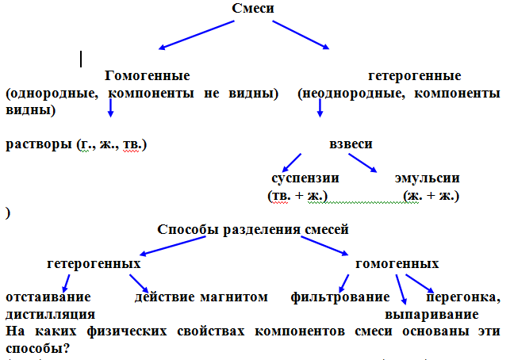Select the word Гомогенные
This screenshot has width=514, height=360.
click(x=147, y=76)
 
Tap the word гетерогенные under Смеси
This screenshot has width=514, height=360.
click(x=415, y=76)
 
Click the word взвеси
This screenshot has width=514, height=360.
click(x=351, y=144)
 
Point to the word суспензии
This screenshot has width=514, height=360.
click(x=305, y=178)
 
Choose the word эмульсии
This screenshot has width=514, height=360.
click(x=427, y=178)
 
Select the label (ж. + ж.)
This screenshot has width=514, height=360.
click(x=431, y=194)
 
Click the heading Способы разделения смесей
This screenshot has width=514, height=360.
click(x=253, y=230)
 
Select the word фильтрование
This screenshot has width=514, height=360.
click(x=339, y=297)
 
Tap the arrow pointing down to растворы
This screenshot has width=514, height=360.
click(x=111, y=109)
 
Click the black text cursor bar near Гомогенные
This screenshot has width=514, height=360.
click(x=82, y=59)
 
